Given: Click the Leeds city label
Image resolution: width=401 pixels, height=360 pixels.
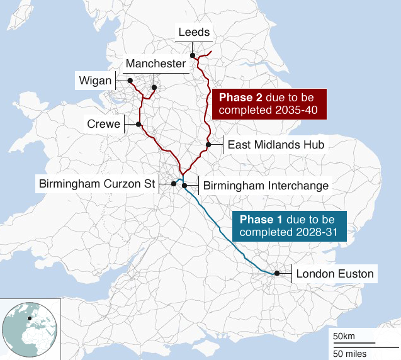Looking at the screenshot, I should pyautogui.click(x=194, y=32).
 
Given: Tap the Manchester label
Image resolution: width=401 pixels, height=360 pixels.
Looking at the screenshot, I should pyautogui.click(x=155, y=64).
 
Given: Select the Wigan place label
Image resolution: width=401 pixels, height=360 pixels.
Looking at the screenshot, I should pyautogui.click(x=94, y=81).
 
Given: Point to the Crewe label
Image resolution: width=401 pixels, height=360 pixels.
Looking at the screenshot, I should pyautogui.click(x=103, y=124).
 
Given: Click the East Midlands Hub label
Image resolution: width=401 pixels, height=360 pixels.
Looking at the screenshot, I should pyautogui.click(x=275, y=145).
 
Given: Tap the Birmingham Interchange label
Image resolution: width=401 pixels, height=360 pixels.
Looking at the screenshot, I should pyautogui.click(x=266, y=186).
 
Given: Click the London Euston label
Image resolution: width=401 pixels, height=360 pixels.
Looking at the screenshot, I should pyautogui.click(x=334, y=274).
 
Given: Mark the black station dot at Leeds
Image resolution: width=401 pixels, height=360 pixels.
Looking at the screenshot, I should pyautogui.click(x=193, y=55).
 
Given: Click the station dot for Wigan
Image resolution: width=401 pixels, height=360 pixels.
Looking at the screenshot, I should pyautogui.click(x=130, y=81).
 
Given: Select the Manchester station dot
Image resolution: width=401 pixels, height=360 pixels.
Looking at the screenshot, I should pyautogui.click(x=154, y=87).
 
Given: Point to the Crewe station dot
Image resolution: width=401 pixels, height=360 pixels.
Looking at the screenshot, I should pyautogui.click(x=138, y=124).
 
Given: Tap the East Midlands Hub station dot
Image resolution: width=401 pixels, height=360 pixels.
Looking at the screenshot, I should pyautogui.click(x=207, y=145).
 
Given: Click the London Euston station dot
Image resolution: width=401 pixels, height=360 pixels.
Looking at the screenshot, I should pyautogui.click(x=276, y=273).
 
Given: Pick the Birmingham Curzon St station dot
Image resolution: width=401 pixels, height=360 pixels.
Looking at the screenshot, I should pyautogui.click(x=173, y=184).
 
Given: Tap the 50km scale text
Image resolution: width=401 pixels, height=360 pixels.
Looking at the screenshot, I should pyautogui.click(x=344, y=335).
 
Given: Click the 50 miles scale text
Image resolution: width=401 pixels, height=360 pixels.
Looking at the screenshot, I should pyautogui.click(x=349, y=352).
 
